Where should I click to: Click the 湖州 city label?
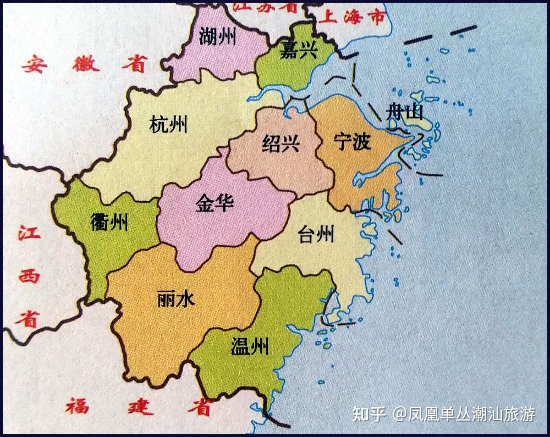click(218, 36)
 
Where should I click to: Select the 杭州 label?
click(168, 124)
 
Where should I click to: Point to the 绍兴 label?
click(280, 144)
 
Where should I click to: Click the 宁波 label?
click(353, 142)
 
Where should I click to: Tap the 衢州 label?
click(109, 223)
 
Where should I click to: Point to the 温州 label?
click(250, 346)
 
